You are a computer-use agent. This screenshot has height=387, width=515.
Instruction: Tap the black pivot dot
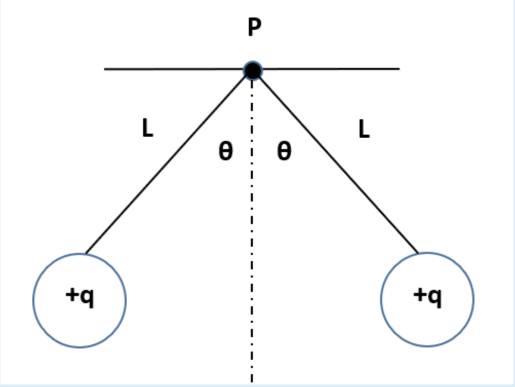pos(252,70)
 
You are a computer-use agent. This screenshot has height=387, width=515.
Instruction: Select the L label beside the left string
pos(147,129)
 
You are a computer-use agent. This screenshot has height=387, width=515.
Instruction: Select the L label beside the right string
pos(364,129)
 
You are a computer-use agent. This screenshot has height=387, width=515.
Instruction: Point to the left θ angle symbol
pos(225,152)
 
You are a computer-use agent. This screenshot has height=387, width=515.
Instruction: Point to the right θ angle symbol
pos(284,152)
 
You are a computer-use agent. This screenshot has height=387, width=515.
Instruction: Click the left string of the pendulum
pos(169,161)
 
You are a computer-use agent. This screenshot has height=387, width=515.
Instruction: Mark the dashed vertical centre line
pos(252,231)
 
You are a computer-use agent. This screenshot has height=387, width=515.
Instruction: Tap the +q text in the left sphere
pos(80,297)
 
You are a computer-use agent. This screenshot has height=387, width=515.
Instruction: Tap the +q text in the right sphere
pos(428,297)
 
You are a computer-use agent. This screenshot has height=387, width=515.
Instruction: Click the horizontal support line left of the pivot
pos(174,69)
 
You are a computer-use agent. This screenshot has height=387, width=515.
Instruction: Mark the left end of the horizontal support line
pos(105,69)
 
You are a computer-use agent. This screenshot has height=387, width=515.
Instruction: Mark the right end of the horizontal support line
pos(399,68)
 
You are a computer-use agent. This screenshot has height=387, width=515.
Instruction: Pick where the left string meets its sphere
pos(86,253)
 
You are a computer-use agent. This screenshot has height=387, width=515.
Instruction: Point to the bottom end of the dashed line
pos(252,381)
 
